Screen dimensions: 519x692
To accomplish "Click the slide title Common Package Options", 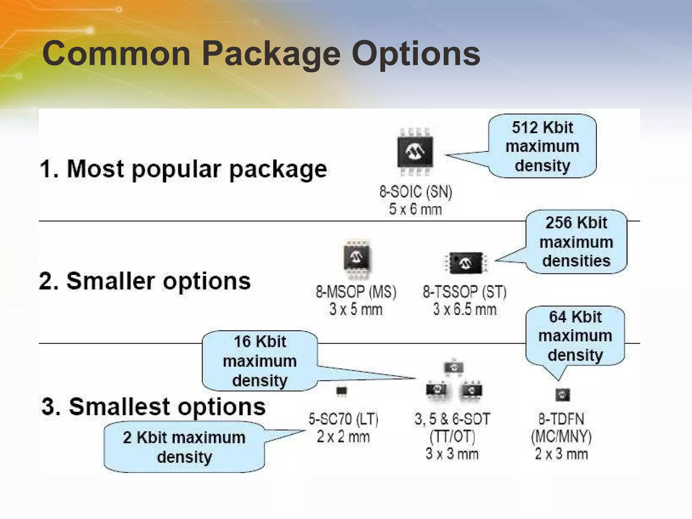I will [x=261, y=53].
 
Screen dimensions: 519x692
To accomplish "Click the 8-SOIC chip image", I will [x=415, y=152].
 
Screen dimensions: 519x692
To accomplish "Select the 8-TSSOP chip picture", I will [x=466, y=262].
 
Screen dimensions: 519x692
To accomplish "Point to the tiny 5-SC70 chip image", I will [x=342, y=391].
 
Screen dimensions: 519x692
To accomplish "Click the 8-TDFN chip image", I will [x=563, y=394].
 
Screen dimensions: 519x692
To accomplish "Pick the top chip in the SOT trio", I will [x=453, y=367].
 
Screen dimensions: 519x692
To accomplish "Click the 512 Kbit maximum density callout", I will [x=542, y=146].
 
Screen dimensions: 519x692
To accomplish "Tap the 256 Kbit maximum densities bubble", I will [x=576, y=242].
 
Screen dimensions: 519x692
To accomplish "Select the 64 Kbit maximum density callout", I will [x=575, y=336].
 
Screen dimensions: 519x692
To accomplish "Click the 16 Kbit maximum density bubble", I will [x=260, y=361].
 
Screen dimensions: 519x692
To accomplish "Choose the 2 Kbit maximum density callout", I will [x=184, y=447].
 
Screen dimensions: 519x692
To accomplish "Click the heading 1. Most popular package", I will [x=183, y=169].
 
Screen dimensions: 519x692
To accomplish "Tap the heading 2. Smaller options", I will [x=145, y=281].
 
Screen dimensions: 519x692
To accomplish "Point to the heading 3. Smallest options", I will [x=153, y=406].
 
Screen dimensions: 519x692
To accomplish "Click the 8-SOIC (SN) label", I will [x=416, y=192].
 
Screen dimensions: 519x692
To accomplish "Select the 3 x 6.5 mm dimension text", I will [x=465, y=309].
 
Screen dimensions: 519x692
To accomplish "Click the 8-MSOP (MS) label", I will [x=356, y=292].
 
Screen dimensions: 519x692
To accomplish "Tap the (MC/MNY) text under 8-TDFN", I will [x=561, y=437].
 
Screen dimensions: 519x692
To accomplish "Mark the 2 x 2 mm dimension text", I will [x=343, y=437].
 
